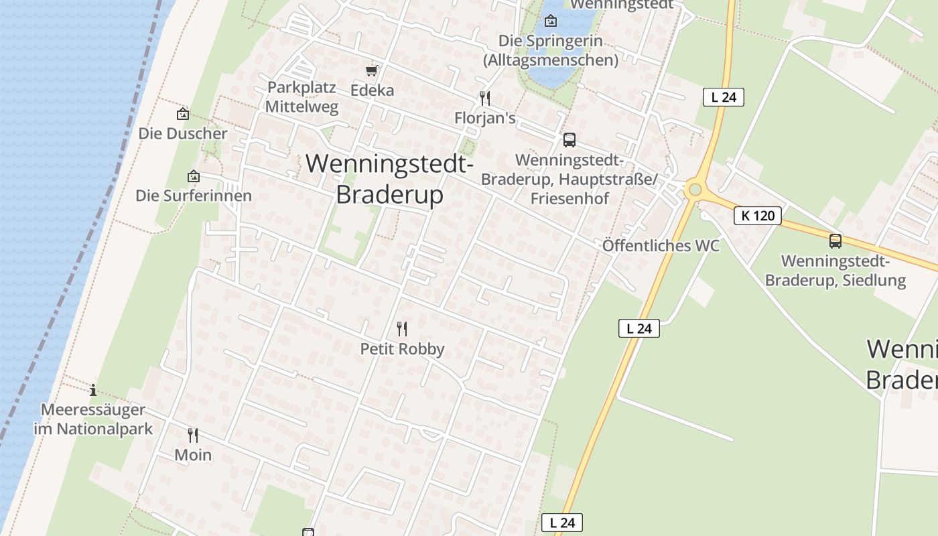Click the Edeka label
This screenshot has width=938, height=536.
372,90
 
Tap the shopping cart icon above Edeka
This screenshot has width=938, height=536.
372,70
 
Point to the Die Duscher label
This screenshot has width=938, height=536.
183,133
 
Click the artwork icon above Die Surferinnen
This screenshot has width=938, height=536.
194,176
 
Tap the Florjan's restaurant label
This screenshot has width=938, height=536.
484,118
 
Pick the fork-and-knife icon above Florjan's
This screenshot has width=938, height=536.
485,98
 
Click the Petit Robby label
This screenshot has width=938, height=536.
402,348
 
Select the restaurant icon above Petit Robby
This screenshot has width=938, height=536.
402,328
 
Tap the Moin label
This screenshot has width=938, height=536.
193,455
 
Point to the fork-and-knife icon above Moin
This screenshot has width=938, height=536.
193,435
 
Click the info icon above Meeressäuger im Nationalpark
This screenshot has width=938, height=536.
93,390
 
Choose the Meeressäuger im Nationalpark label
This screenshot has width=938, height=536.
93,419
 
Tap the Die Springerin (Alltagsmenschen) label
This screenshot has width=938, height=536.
551,50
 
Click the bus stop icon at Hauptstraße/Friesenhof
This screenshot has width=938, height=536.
569,139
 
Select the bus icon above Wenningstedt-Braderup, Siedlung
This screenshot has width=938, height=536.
835,241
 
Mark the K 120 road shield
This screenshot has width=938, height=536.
757,216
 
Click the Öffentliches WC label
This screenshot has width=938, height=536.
661,245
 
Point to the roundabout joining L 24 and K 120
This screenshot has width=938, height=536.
695,190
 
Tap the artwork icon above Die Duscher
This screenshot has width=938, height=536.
182,115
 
